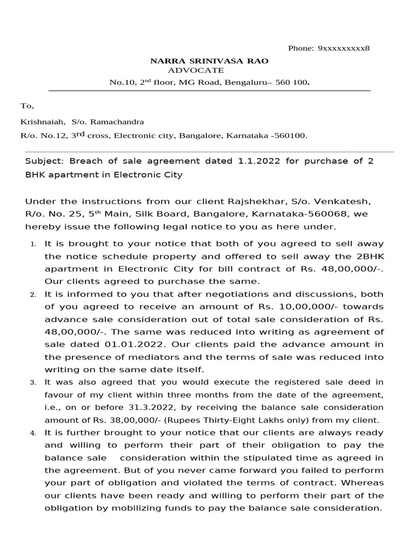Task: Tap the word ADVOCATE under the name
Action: tap(195, 70)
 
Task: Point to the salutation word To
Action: tap(27, 106)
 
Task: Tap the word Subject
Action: tap(44, 162)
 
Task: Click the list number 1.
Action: tap(33, 244)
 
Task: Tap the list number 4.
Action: tap(33, 433)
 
